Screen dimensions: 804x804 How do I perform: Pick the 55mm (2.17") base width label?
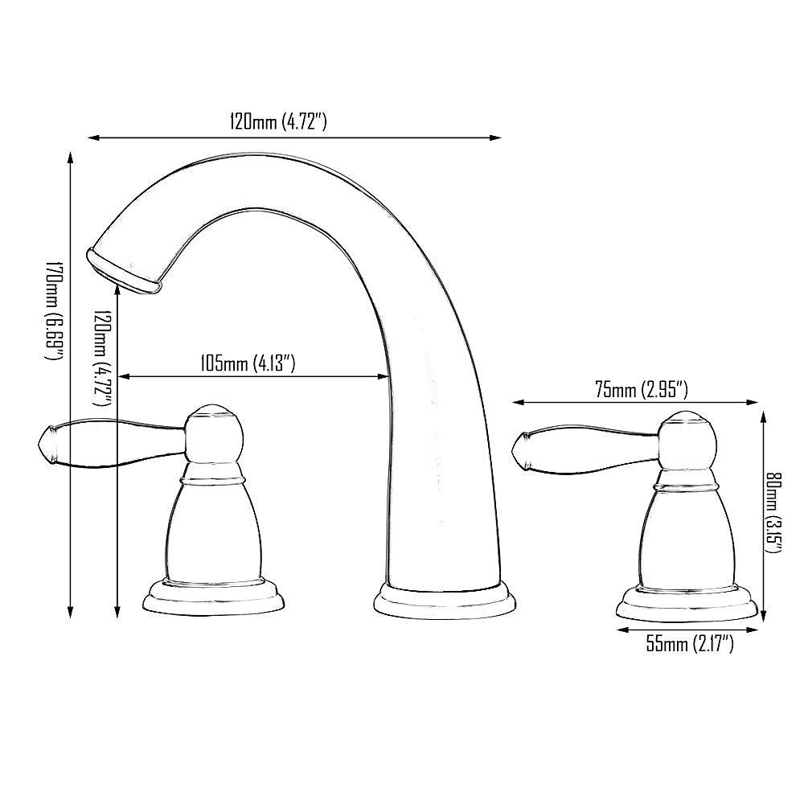coord(689,643)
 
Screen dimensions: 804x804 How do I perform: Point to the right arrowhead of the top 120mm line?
coord(486,138)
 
